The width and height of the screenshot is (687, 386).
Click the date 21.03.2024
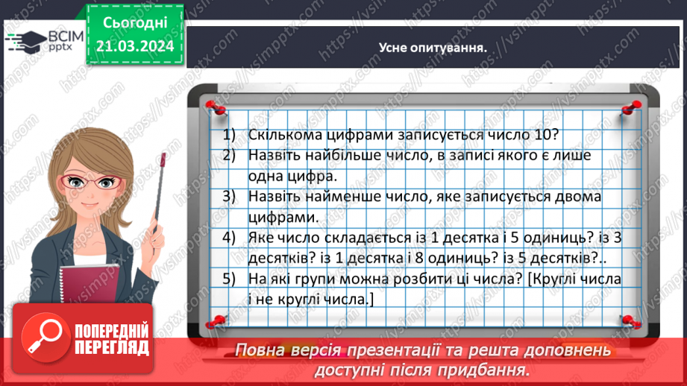point(135,46)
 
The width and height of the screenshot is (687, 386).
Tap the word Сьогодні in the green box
point(135,23)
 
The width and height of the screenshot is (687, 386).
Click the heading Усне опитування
point(433,48)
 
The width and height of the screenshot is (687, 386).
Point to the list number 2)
point(229,155)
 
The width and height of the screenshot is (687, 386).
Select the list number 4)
point(229,238)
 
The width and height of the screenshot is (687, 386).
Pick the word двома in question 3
point(578,197)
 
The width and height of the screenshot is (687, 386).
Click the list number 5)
point(229,279)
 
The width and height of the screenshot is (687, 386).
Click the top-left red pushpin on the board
point(216,107)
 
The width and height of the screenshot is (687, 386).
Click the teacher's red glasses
point(90,181)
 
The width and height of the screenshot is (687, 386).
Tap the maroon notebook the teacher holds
point(90,285)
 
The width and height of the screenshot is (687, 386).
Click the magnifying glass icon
point(45,338)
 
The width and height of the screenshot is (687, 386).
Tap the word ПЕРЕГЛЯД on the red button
point(112,348)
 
